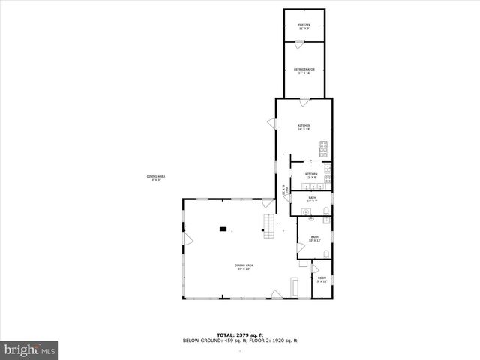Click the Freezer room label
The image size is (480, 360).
click(304, 27)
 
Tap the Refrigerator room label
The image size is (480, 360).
click(304, 71)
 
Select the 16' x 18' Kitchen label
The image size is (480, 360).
click(304, 127)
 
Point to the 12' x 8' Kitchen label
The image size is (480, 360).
click(311, 175)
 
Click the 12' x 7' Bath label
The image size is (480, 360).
click(312, 199)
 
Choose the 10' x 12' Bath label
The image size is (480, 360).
click(315, 238)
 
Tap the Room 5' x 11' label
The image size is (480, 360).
click(322, 280)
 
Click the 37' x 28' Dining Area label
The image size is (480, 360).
click(244, 267)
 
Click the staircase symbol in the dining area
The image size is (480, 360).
click(268, 224)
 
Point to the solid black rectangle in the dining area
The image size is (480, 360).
click(223, 229)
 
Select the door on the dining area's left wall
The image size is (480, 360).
click(188, 239)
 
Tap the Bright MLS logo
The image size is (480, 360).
click(29, 349)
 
